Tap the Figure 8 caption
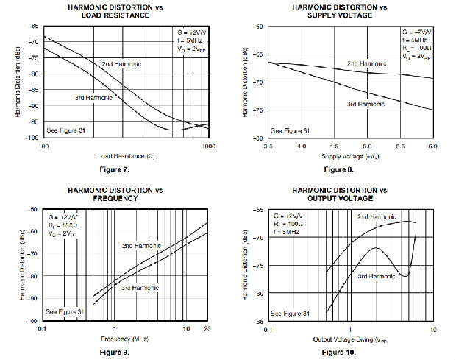click(x=338, y=170)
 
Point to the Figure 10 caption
click(x=338, y=353)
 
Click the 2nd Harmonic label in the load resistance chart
click(x=121, y=64)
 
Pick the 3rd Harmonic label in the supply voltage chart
click(x=366, y=104)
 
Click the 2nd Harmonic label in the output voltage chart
click(x=377, y=216)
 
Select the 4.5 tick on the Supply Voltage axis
click(x=334, y=147)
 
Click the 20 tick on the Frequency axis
click(x=207, y=328)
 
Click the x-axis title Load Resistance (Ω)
click(x=124, y=156)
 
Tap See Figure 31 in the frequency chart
click(x=66, y=312)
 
